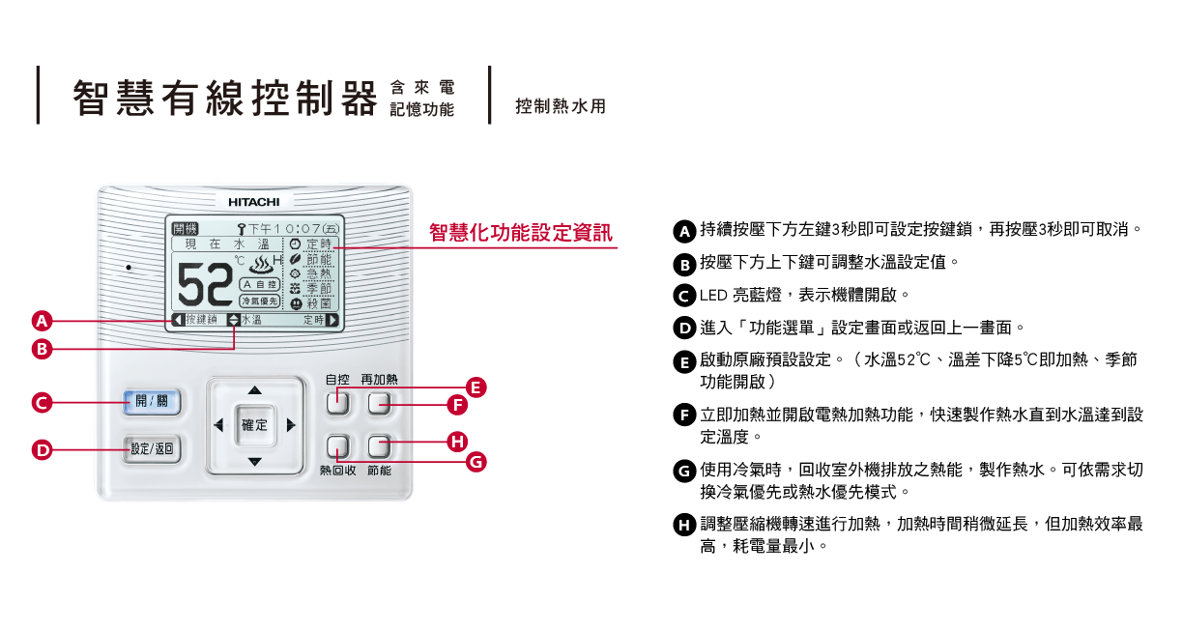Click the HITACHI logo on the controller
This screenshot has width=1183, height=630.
click(254, 202)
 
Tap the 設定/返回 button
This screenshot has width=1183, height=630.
click(153, 448)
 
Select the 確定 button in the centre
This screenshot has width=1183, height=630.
click(254, 425)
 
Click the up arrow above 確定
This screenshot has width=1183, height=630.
click(254, 390)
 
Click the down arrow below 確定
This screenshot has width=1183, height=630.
click(254, 462)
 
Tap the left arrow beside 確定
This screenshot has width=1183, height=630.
click(218, 425)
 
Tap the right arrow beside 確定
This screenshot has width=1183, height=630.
click(291, 425)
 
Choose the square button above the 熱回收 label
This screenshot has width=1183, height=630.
click(337, 446)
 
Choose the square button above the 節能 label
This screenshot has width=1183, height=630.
click(379, 446)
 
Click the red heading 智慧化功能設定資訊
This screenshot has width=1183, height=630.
click(520, 233)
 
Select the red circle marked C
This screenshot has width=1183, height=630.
click(42, 403)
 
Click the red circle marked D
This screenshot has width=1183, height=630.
click(42, 449)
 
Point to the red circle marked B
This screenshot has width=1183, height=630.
click(42, 349)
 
